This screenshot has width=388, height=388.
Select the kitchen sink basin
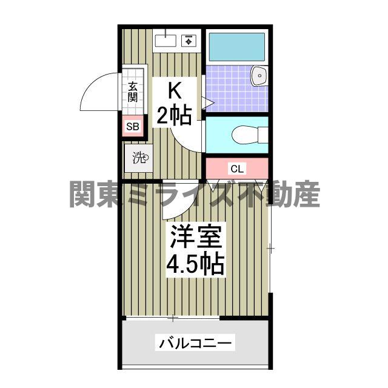pos(165,41)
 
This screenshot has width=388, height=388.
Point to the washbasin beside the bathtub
pos(260,76)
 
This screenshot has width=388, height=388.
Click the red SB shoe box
pos(133,127)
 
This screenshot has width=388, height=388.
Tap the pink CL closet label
pos(236,168)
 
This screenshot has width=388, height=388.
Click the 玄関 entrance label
pos(133,91)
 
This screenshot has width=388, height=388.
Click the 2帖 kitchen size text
pos(174,115)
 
